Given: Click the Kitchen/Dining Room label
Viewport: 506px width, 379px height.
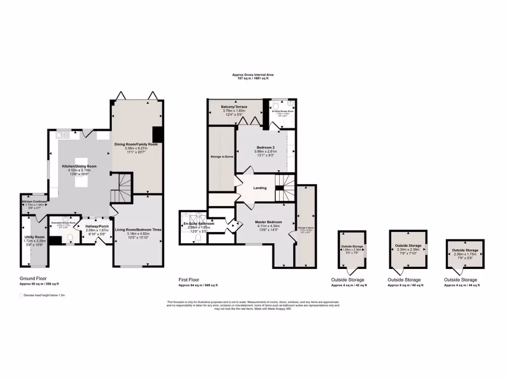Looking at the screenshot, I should coord(79,166).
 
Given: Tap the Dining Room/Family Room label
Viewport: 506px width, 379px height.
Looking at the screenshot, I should coord(136,144).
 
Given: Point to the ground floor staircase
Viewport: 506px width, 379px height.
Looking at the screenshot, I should coord(121,189).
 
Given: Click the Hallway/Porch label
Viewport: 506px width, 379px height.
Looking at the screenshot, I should coord(97,226).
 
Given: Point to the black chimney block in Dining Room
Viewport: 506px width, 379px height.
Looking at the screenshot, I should coord(158,134).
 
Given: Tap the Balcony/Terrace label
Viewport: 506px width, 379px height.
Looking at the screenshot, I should coord(234,107).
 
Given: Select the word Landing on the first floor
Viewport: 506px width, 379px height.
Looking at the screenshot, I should coord(260,188).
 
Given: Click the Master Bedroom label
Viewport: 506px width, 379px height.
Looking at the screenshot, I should coord(269,222).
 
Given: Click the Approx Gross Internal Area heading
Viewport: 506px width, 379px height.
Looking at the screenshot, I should coord(253,75).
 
